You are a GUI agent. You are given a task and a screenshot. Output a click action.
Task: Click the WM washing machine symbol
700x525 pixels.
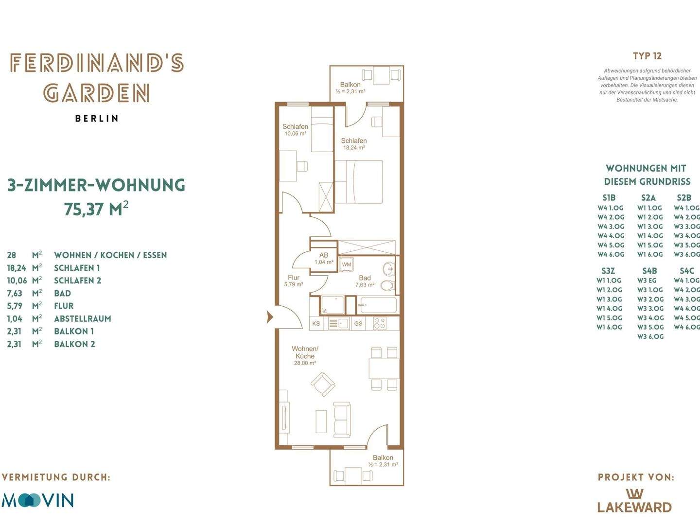click(x=346, y=264)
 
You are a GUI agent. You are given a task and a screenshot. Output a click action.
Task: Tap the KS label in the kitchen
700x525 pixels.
click(x=316, y=324)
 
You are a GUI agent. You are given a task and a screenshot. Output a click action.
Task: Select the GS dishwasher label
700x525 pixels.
click(x=358, y=324)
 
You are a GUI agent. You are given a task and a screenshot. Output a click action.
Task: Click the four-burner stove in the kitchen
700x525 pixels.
click(x=380, y=324)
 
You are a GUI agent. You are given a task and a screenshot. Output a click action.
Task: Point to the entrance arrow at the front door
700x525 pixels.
click(x=270, y=317)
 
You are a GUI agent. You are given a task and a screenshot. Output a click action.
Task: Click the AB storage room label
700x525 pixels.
click(x=324, y=255)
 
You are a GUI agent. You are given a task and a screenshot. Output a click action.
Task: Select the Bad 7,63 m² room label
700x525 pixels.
click(x=365, y=281)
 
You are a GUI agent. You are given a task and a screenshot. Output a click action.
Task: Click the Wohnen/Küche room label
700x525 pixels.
click(x=305, y=355)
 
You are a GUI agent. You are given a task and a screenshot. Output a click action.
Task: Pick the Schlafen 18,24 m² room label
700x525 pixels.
click(x=354, y=144)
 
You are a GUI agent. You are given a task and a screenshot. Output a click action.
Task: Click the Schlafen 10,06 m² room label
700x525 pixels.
click(x=295, y=130)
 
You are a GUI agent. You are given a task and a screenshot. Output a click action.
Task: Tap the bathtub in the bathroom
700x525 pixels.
click(x=377, y=305)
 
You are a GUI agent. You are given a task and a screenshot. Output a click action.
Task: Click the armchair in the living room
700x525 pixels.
click(x=323, y=384)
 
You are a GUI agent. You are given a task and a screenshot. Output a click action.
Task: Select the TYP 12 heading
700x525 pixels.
click(x=647, y=56)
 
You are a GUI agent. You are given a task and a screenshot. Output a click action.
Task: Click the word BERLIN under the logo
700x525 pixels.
click(x=97, y=119)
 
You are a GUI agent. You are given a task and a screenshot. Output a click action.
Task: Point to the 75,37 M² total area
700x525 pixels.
click(x=96, y=209)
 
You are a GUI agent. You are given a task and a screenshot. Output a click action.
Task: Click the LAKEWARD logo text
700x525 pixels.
click(x=634, y=507)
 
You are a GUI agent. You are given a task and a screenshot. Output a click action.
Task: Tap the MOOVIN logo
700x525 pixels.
click(x=37, y=500)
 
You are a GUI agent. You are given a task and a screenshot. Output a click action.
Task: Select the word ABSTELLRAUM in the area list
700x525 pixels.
click(x=83, y=319)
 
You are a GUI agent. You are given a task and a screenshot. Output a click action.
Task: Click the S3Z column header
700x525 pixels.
click(x=608, y=271)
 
